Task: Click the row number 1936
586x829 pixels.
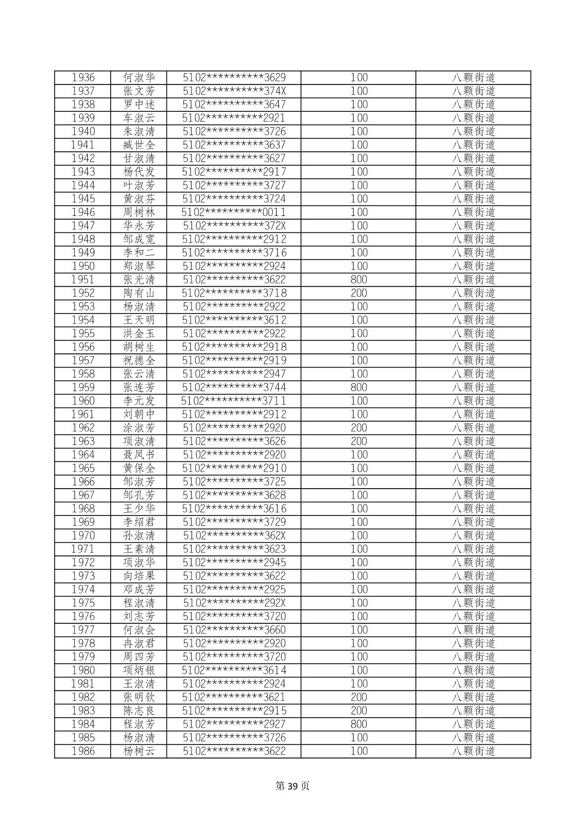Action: (83, 77)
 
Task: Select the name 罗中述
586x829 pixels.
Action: (139, 104)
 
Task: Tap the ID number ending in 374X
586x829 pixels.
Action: (234, 91)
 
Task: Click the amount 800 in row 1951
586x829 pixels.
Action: (358, 279)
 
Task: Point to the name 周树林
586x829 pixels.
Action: (139, 212)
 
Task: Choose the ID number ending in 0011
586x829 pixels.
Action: (234, 212)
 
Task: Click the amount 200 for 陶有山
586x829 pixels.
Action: (358, 293)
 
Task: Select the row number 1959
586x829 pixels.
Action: (83, 387)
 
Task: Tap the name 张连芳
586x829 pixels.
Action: (139, 387)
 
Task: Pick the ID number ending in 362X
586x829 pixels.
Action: (234, 536)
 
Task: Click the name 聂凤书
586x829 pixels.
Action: (139, 454)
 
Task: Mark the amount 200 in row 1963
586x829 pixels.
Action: (358, 441)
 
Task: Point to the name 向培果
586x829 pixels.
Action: (139, 576)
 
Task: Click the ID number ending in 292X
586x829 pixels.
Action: (234, 603)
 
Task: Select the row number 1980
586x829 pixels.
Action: (83, 670)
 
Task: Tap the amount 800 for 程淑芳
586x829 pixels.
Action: (358, 724)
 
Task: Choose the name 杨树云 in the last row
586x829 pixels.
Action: (139, 751)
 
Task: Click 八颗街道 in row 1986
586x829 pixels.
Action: (473, 751)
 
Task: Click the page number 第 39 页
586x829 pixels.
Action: (292, 786)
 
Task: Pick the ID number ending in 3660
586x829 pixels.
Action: (234, 630)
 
